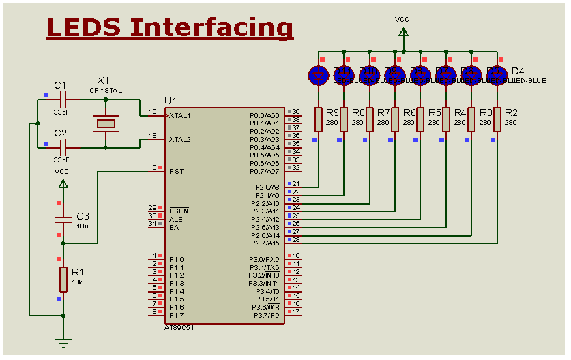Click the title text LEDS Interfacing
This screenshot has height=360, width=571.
[171, 27]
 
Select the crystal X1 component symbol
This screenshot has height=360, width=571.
[105, 123]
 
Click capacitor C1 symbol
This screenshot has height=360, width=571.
[63, 100]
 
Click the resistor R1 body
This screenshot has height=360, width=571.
[63, 279]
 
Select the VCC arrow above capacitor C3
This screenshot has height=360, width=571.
[63, 183]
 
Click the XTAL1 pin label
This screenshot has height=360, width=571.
[180, 115]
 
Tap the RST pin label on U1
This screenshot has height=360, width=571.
[176, 171]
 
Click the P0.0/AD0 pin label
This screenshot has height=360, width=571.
[264, 115]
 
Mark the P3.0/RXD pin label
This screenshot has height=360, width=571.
[264, 259]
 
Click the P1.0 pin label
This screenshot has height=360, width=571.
[177, 259]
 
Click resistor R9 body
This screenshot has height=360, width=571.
[318, 119]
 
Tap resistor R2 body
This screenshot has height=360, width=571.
[497, 119]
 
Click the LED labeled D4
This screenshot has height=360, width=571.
[497, 75]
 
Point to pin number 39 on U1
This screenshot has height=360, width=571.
[296, 111]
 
